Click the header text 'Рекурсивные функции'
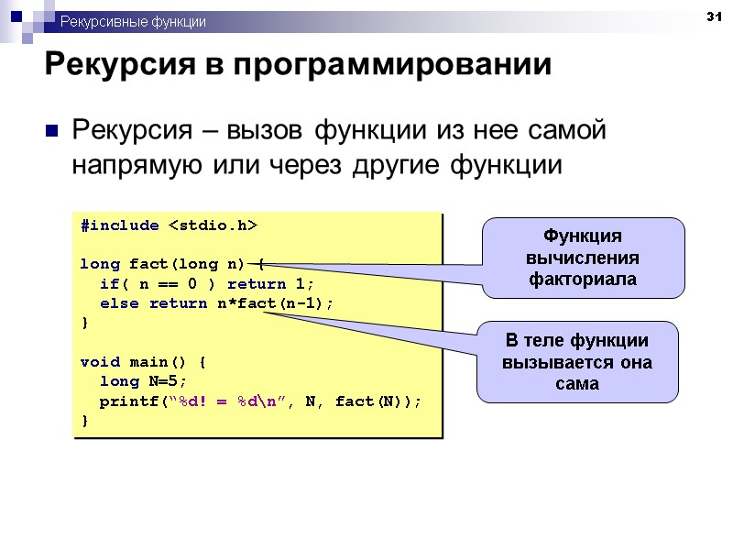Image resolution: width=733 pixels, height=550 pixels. pyautogui.click(x=133, y=21)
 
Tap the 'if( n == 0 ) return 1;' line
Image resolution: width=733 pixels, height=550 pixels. pyautogui.click(x=206, y=283)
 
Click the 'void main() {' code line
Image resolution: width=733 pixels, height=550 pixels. pyautogui.click(x=143, y=361)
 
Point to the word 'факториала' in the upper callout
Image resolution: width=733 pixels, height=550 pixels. pyautogui.click(x=583, y=279)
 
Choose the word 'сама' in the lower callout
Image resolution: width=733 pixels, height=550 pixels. pyautogui.click(x=576, y=383)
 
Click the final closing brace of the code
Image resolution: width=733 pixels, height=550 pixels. pyautogui.click(x=85, y=420)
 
